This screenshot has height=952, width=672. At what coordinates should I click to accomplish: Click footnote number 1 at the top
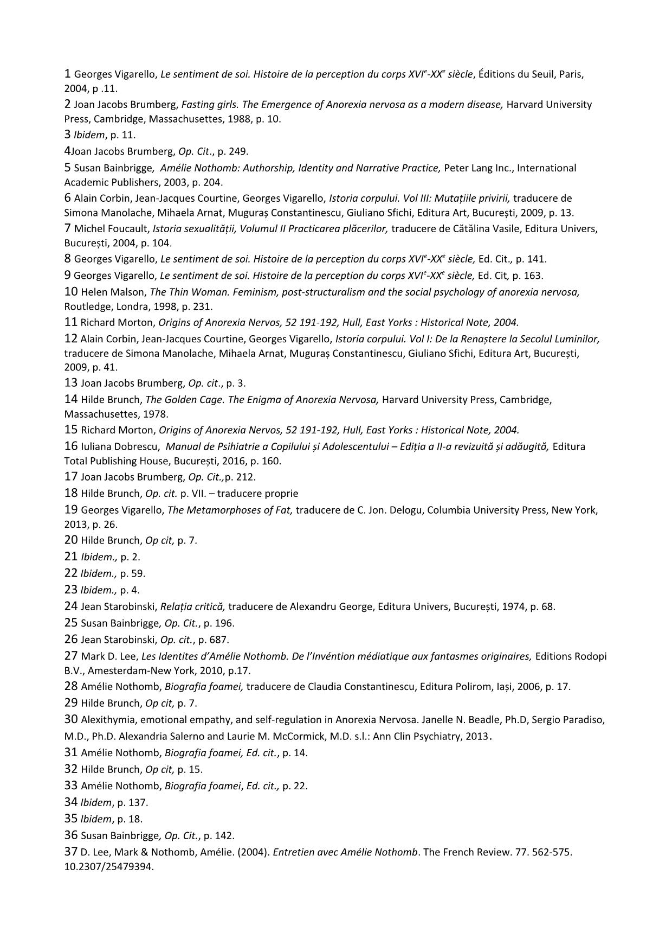pyautogui.click(x=67, y=74)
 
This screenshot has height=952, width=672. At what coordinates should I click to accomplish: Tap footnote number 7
pyautogui.click(x=67, y=228)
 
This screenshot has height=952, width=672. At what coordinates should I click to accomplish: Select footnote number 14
pyautogui.click(x=71, y=399)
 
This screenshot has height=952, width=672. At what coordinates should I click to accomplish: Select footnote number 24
pyautogui.click(x=71, y=606)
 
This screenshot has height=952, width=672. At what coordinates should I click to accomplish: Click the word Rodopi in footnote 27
pyautogui.click(x=591, y=656)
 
